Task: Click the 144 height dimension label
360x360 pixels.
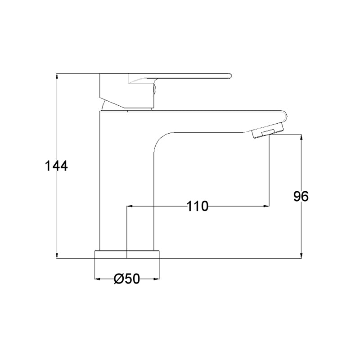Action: (57, 166)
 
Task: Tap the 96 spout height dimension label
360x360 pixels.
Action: (301, 196)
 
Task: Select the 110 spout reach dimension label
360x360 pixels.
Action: (198, 206)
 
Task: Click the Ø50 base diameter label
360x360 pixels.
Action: (127, 279)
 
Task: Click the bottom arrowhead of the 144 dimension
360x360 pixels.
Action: (57, 256)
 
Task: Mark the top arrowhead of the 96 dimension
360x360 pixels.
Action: (301, 137)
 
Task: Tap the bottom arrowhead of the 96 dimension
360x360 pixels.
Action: (301, 256)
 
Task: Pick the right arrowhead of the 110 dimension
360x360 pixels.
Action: (266, 206)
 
